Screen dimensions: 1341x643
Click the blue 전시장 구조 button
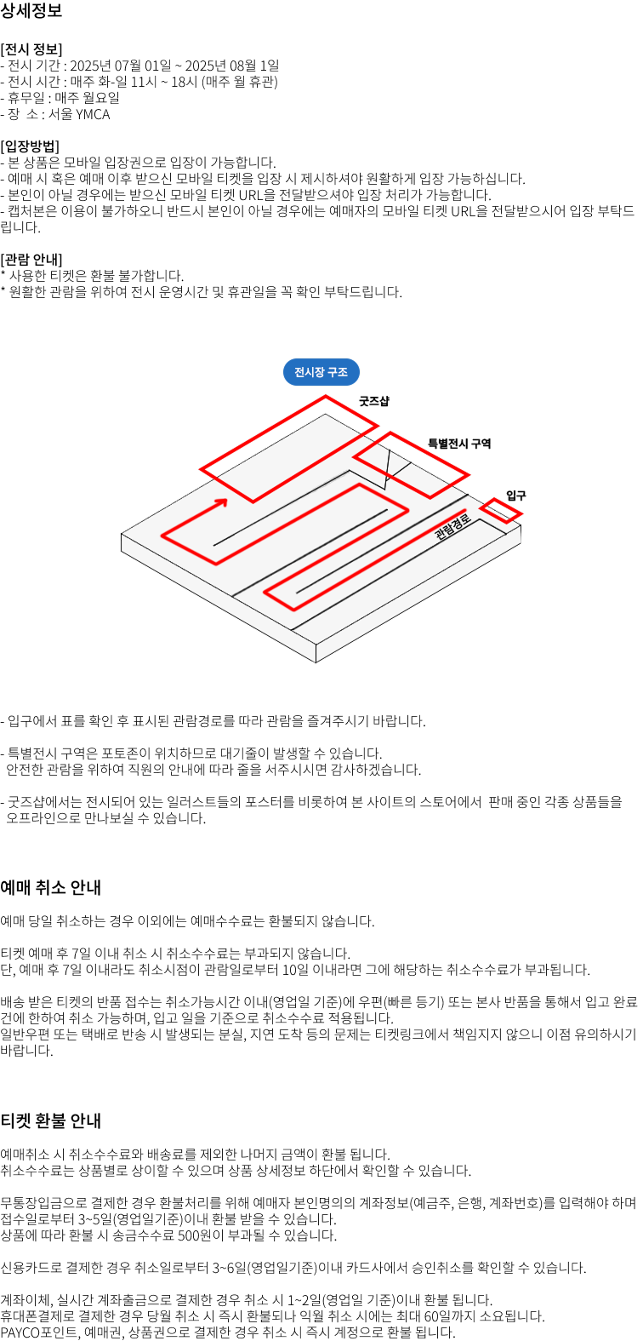point(321,372)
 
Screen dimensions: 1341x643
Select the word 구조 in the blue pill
point(338,372)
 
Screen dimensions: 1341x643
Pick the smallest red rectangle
point(501,511)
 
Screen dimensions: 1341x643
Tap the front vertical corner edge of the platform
point(316,653)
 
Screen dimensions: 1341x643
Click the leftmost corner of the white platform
point(122,535)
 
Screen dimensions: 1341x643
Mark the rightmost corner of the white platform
point(521,525)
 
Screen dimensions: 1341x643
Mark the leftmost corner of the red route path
point(162,536)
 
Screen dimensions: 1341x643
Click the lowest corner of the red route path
point(293,610)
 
